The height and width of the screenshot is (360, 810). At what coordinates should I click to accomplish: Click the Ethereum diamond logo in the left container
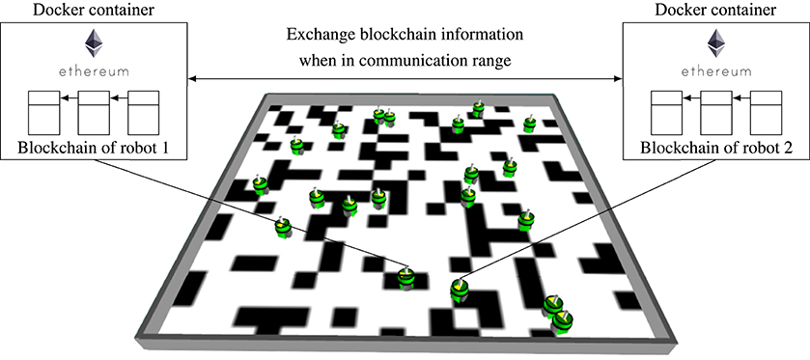(95, 42)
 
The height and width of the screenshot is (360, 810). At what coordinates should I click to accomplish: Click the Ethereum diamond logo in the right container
(716, 42)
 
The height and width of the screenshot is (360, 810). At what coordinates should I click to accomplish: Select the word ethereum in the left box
(95, 70)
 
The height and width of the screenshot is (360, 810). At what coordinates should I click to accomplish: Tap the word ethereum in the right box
(716, 70)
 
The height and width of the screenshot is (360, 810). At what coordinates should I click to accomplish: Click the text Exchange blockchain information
(405, 35)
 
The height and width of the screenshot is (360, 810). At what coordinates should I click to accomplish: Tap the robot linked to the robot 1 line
(406, 277)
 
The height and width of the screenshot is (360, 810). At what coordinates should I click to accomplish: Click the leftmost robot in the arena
(260, 182)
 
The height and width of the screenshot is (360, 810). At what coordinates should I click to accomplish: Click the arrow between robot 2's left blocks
(691, 97)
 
